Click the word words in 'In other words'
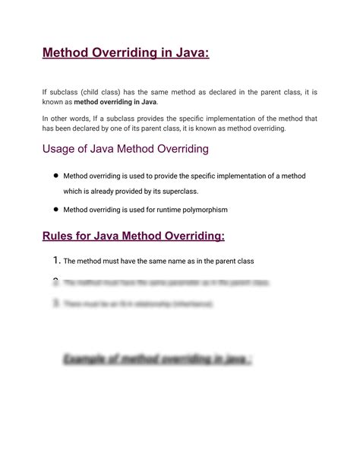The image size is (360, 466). click(x=84, y=119)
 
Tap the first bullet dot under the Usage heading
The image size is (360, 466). click(x=55, y=176)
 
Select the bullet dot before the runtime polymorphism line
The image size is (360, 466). click(x=55, y=208)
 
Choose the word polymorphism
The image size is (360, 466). click(x=201, y=209)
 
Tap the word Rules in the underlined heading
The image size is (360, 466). click(x=62, y=236)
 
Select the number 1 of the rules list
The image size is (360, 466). click(x=55, y=261)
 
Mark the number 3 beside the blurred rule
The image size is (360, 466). click(x=55, y=303)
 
